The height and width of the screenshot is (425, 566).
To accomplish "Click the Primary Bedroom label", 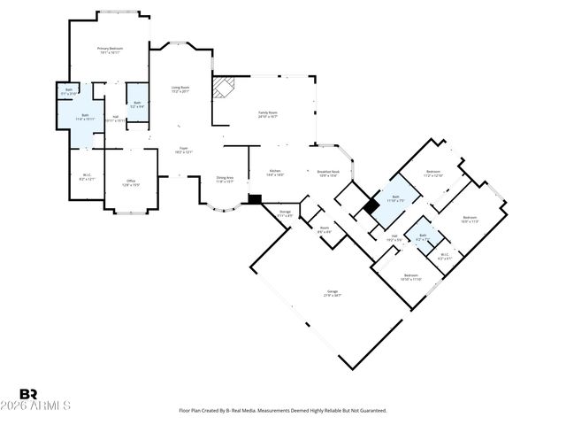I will coord(110,50).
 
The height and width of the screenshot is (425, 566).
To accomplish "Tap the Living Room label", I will coord(180,89).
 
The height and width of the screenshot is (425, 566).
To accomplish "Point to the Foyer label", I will coord(183,151).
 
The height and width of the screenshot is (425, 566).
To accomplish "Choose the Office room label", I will coord(130,183).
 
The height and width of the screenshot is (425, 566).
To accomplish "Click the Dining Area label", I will coord(225,180).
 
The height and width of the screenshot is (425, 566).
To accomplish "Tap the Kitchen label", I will coord(275,173).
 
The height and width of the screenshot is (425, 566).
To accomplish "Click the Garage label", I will coord(333,293).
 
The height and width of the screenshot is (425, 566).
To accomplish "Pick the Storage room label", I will coord(285,214).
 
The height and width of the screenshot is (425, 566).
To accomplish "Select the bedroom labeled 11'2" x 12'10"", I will coord(432,174).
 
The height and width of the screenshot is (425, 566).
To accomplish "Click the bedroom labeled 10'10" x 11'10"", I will coord(410,277).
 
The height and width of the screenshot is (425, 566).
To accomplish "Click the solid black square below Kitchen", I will coord(256,200).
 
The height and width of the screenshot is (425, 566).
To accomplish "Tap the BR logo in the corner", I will coord(28,394).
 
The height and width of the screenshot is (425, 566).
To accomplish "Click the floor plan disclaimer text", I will coord(282,411).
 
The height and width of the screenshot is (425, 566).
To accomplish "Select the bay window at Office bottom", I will coord(130,212).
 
